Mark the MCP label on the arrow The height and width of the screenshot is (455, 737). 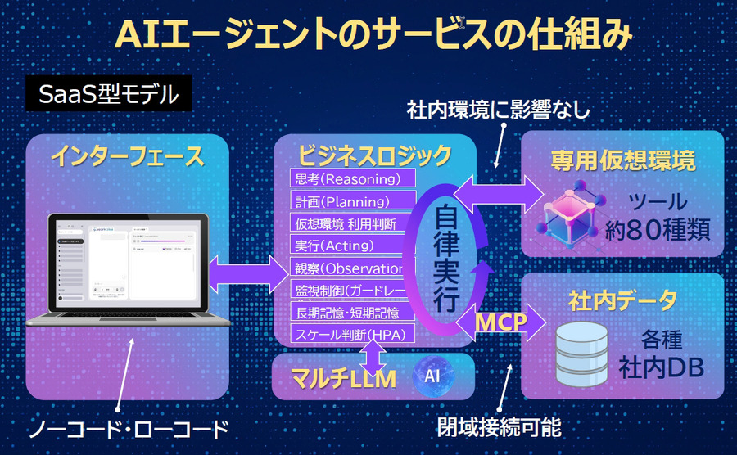click(502, 322)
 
